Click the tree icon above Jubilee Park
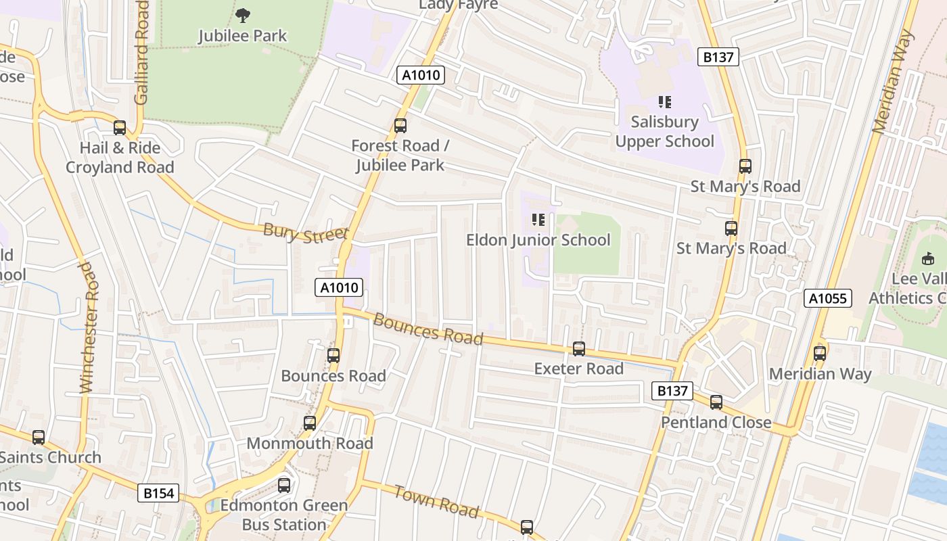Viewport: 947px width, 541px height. pyautogui.click(x=243, y=14)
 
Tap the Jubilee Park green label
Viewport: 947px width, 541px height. pyautogui.click(x=243, y=36)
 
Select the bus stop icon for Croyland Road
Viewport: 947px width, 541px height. pyautogui.click(x=120, y=127)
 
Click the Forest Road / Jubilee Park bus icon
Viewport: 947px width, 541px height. pyautogui.click(x=400, y=125)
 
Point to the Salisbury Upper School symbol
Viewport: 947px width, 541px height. pyautogui.click(x=665, y=102)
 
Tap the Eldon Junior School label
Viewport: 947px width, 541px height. pyautogui.click(x=538, y=240)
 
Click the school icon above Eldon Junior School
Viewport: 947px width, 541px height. pyautogui.click(x=538, y=219)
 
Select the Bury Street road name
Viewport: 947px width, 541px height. pyautogui.click(x=306, y=233)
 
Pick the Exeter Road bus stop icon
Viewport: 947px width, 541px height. pyautogui.click(x=579, y=349)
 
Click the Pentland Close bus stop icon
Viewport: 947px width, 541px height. pyautogui.click(x=716, y=402)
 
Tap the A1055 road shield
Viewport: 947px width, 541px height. pyautogui.click(x=828, y=298)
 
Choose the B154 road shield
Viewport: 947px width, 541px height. pyautogui.click(x=160, y=494)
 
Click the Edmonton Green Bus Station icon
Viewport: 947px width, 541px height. pyautogui.click(x=284, y=485)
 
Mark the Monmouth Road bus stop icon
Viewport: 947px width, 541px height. pyautogui.click(x=310, y=423)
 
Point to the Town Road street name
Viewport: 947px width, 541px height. pyautogui.click(x=436, y=501)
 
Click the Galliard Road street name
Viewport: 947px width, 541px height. pyautogui.click(x=141, y=52)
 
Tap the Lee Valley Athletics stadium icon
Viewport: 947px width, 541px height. pyautogui.click(x=927, y=258)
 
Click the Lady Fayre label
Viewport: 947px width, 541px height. pyautogui.click(x=459, y=4)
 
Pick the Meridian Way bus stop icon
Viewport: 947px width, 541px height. pyautogui.click(x=820, y=353)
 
